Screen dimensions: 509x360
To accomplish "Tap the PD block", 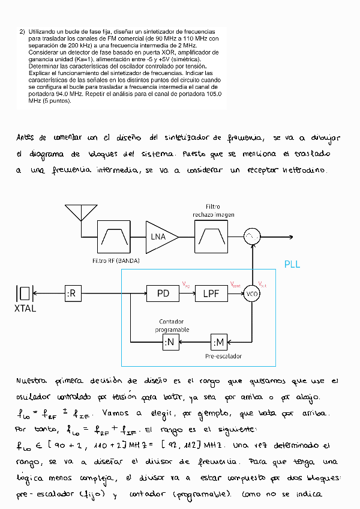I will [164, 294].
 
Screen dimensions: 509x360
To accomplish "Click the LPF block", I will [211, 294].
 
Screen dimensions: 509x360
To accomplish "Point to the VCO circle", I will [252, 294].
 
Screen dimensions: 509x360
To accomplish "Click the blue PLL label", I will [292, 264].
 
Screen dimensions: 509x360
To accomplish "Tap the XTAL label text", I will [25, 309].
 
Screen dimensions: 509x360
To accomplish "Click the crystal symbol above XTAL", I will [25, 293].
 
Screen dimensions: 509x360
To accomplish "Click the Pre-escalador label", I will [223, 356].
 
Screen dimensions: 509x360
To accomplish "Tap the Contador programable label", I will [172, 326].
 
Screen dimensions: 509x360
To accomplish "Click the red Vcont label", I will [236, 284].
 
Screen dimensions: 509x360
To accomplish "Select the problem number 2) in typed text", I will [22, 31].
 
